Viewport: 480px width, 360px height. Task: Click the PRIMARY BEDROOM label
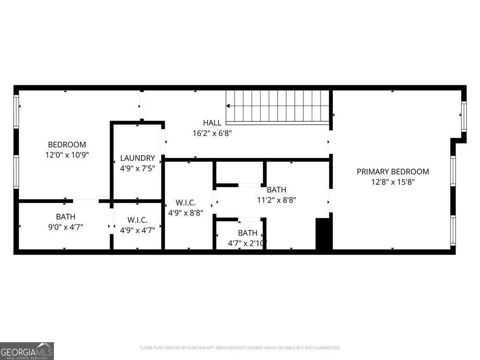(393, 172)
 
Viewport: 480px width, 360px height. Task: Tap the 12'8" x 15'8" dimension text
(393, 182)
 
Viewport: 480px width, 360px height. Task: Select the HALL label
(212, 123)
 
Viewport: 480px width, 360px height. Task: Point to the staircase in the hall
(277, 106)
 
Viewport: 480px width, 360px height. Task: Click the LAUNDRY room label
(137, 158)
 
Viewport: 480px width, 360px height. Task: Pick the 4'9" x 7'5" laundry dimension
(137, 167)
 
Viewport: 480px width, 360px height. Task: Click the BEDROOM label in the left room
(67, 144)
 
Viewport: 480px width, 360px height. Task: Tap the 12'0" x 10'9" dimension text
(67, 154)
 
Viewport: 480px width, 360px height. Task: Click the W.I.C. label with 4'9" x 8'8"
(186, 202)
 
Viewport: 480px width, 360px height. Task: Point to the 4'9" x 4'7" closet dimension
(137, 230)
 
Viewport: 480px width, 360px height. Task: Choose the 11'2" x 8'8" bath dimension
(277, 200)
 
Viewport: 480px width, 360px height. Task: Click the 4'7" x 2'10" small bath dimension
(247, 243)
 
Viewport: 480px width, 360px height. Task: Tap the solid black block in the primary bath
(323, 234)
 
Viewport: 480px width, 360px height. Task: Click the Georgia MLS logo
(27, 351)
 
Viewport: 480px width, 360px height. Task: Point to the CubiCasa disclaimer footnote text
(240, 348)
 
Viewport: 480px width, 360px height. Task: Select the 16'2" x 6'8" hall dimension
(212, 133)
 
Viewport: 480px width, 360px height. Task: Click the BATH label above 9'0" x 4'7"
(66, 217)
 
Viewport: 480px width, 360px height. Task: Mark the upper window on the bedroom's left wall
(16, 112)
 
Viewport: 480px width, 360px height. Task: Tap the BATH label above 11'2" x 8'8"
(277, 190)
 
